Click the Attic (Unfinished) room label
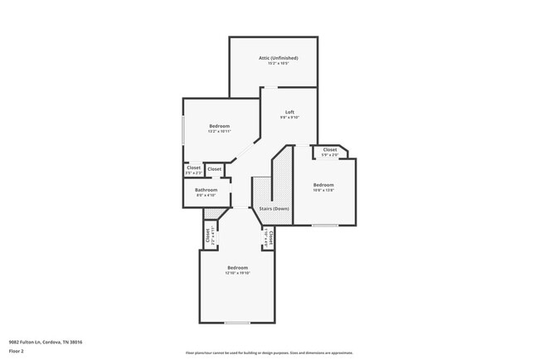(278, 58)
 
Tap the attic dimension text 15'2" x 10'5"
(278, 63)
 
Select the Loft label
(289, 112)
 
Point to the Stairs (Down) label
(274, 208)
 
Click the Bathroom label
(206, 190)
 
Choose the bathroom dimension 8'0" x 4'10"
(206, 195)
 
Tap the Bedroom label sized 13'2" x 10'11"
(220, 126)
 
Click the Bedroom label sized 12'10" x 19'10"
(238, 267)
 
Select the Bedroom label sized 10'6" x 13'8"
(323, 184)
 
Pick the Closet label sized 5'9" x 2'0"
(330, 150)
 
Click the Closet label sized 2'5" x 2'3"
(193, 168)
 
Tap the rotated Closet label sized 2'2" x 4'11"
(206, 236)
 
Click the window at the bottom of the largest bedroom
(237, 323)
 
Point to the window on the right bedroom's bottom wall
(324, 225)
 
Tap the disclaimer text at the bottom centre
(269, 351)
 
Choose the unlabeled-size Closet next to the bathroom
(214, 169)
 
